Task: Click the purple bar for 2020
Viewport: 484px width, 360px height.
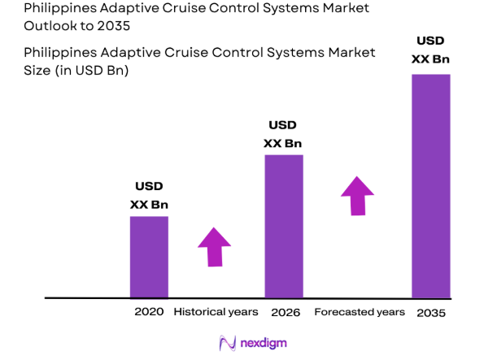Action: point(149,257)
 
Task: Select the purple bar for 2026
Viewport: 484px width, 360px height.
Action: point(283,226)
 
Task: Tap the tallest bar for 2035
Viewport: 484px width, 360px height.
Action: point(430,186)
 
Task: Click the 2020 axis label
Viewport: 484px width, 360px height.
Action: point(149,312)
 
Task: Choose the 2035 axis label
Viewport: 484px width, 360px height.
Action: point(430,313)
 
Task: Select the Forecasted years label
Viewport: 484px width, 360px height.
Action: point(359,312)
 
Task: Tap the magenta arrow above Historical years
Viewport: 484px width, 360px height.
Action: point(215,246)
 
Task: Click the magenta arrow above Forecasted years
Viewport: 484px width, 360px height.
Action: point(357,196)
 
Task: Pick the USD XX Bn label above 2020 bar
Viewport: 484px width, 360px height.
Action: point(149,196)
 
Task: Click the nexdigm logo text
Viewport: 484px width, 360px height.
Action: point(264,343)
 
